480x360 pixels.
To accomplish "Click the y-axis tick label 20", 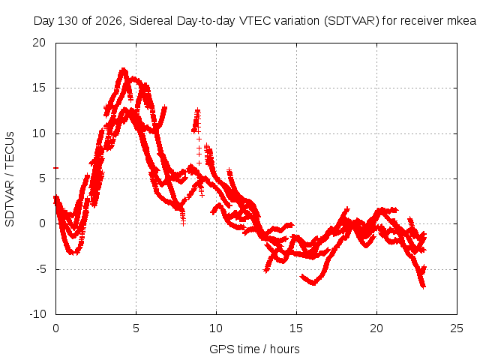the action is [x=39, y=43].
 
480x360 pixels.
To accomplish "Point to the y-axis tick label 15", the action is [x=39, y=88].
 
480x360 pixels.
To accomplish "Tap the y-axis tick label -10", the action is [x=37, y=314].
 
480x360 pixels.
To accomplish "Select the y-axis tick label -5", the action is [x=40, y=269].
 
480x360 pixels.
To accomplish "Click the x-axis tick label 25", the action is [x=457, y=328].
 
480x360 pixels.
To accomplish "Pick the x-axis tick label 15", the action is [x=296, y=328].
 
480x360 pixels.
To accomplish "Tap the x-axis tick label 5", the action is [x=136, y=328].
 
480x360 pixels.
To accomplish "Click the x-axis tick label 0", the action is [x=55, y=328].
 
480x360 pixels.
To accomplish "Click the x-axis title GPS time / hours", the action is [x=254, y=349].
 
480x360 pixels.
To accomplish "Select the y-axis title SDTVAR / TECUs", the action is [x=10, y=179].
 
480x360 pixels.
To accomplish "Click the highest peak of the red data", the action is [x=123, y=70].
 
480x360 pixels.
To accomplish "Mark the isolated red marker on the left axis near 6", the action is [x=55, y=168].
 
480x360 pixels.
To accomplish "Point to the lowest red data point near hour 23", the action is [x=423, y=286].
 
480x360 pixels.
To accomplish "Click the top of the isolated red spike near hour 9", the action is [x=198, y=109].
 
